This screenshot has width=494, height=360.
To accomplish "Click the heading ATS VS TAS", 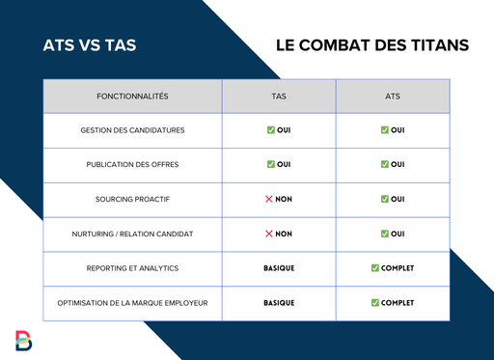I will tap(88, 45).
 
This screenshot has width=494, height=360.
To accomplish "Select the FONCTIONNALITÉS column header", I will tap(133, 97).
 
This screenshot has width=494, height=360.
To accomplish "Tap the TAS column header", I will tap(279, 97).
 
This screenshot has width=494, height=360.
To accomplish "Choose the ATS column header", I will tap(392, 97).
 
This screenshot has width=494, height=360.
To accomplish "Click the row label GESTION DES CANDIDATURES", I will tap(133, 130).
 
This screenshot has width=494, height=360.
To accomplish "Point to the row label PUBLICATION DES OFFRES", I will tap(133, 165).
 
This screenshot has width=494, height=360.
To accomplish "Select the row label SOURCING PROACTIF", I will tap(133, 199).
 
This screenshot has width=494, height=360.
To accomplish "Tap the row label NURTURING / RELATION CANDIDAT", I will tap(133, 234).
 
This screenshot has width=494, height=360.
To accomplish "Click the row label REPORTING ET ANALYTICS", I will tap(133, 268).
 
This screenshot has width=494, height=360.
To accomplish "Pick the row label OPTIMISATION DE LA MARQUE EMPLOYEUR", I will tap(133, 303).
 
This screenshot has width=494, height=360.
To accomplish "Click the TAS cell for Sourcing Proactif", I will tap(279, 199).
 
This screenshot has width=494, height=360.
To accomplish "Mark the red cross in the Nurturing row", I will tap(270, 234).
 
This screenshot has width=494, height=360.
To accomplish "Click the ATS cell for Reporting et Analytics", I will tap(392, 268).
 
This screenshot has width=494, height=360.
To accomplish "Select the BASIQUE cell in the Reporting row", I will tap(279, 268).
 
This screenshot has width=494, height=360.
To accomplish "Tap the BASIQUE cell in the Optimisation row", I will tap(279, 303).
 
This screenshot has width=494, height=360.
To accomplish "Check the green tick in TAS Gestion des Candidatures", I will tap(271, 130).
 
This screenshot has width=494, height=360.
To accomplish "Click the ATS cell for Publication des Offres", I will tap(392, 165).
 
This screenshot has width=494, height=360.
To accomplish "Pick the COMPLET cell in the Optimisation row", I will tap(392, 303).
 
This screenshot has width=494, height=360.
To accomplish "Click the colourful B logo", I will tap(23, 340).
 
